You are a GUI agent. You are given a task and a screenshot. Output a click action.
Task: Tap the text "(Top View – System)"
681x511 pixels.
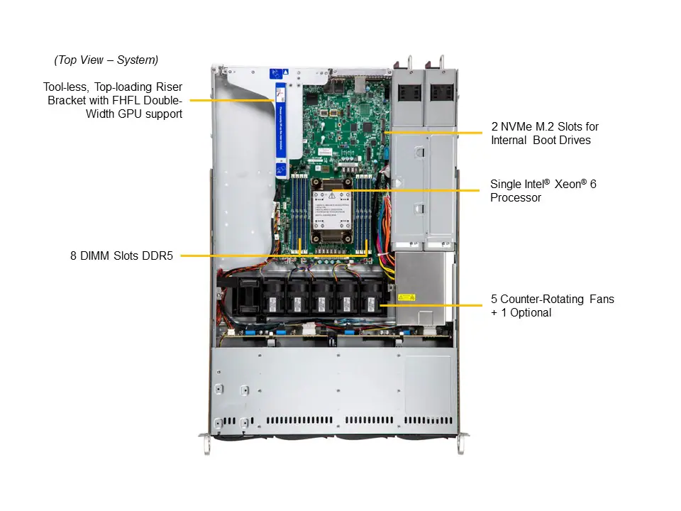pyautogui.click(x=106, y=60)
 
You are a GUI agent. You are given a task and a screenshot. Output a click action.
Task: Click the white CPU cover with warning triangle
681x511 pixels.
pyautogui.click(x=333, y=214)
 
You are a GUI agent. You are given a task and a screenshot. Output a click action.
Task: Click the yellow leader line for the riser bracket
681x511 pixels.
pyautogui.click(x=231, y=101)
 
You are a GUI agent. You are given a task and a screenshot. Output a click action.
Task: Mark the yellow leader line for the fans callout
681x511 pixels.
pyautogui.click(x=433, y=305)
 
